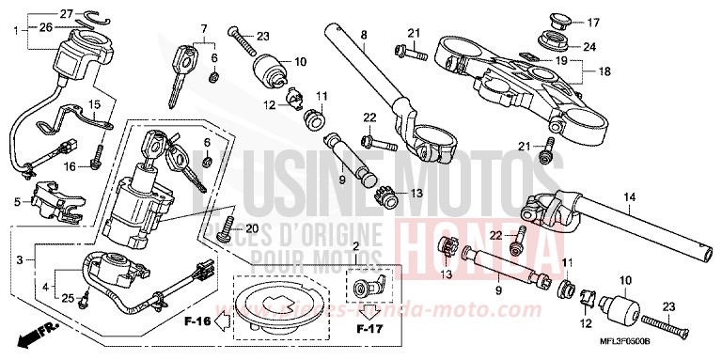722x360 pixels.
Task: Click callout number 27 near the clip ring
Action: click(39, 13)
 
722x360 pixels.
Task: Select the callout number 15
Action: click(94, 103)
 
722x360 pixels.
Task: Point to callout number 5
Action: click(17, 201)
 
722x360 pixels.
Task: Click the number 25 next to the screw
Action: click(66, 298)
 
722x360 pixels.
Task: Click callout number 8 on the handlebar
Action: click(363, 36)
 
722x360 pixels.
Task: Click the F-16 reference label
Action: click(197, 322)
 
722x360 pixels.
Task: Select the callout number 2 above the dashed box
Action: click(355, 246)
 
